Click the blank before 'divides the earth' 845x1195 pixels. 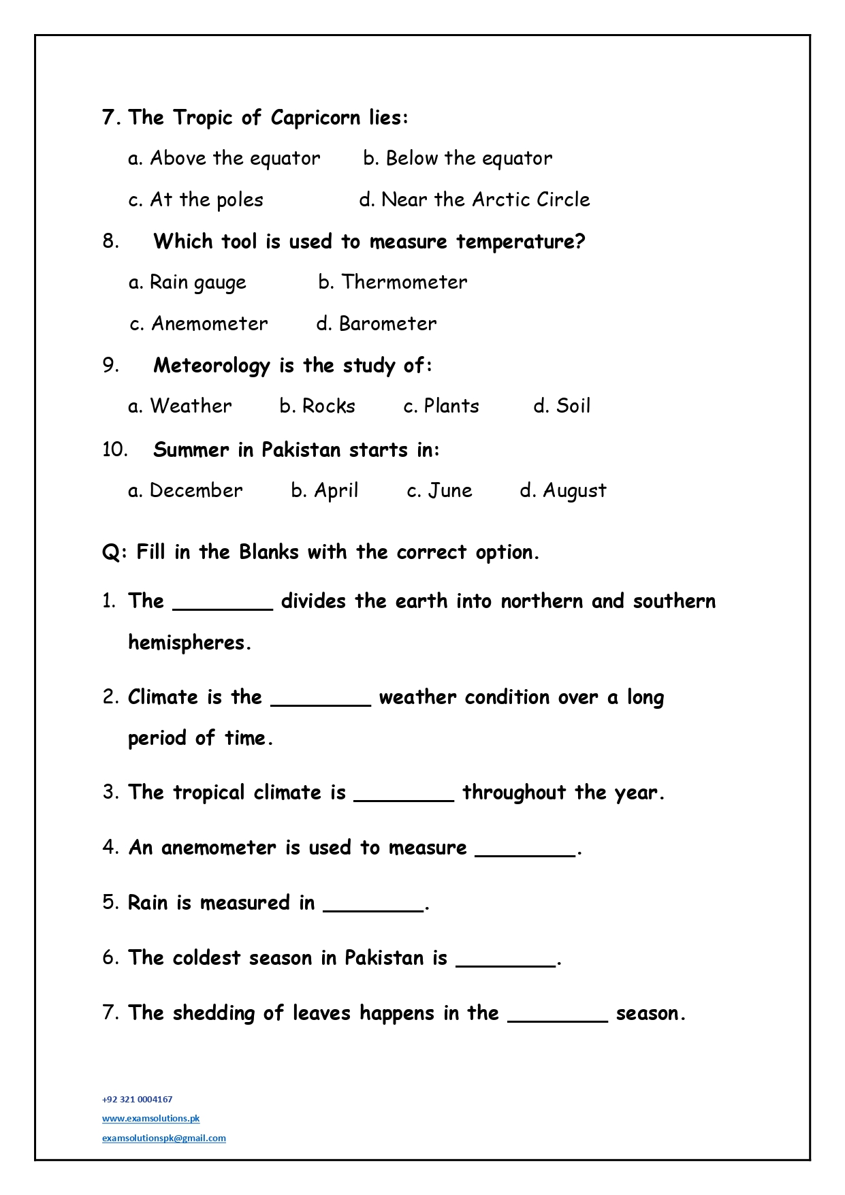[223, 603]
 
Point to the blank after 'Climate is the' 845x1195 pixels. [321, 699]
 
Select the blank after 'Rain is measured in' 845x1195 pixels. [372, 905]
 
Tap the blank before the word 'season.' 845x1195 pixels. [558, 1015]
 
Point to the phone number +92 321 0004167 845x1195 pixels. [138, 1099]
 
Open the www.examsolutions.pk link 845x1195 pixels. [150, 1118]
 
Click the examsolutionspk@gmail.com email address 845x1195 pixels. [164, 1138]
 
